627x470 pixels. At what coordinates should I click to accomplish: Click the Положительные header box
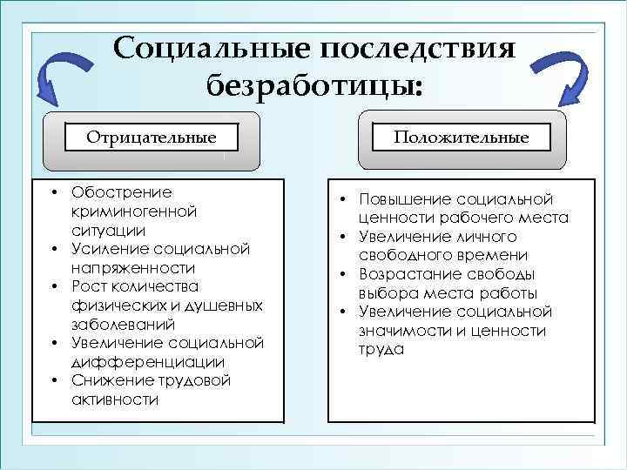click(x=462, y=138)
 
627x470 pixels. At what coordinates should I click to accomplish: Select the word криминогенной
click(x=122, y=211)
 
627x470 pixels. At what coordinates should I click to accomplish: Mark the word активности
click(x=116, y=400)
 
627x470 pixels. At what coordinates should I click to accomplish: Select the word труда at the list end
click(x=381, y=350)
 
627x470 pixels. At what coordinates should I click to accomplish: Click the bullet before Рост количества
click(x=53, y=286)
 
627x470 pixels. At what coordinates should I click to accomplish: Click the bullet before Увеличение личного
click(x=344, y=237)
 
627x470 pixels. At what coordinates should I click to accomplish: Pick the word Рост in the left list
click(x=89, y=286)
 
